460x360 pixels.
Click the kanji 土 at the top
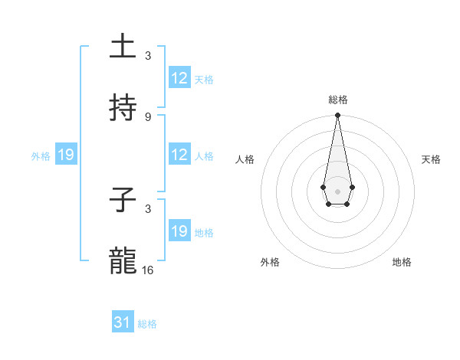tap(123, 47)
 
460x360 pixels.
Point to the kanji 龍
tap(123, 261)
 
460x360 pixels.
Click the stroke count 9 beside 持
tap(148, 117)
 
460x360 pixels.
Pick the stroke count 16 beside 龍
tap(148, 270)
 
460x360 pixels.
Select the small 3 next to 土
tap(148, 56)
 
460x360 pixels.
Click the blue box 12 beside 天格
tap(179, 78)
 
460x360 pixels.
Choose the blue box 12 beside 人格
tap(179, 155)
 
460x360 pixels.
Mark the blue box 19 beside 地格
tap(179, 231)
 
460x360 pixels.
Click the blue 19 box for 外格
tap(65, 155)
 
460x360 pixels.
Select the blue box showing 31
tap(123, 322)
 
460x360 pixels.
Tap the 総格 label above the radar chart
tap(338, 100)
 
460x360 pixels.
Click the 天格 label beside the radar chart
tap(432, 159)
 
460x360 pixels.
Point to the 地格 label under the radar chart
tap(402, 262)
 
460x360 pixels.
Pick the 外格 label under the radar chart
tap(270, 262)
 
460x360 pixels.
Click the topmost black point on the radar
tap(337, 116)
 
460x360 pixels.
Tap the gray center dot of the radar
tap(337, 190)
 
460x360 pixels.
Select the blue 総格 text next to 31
tap(147, 324)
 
